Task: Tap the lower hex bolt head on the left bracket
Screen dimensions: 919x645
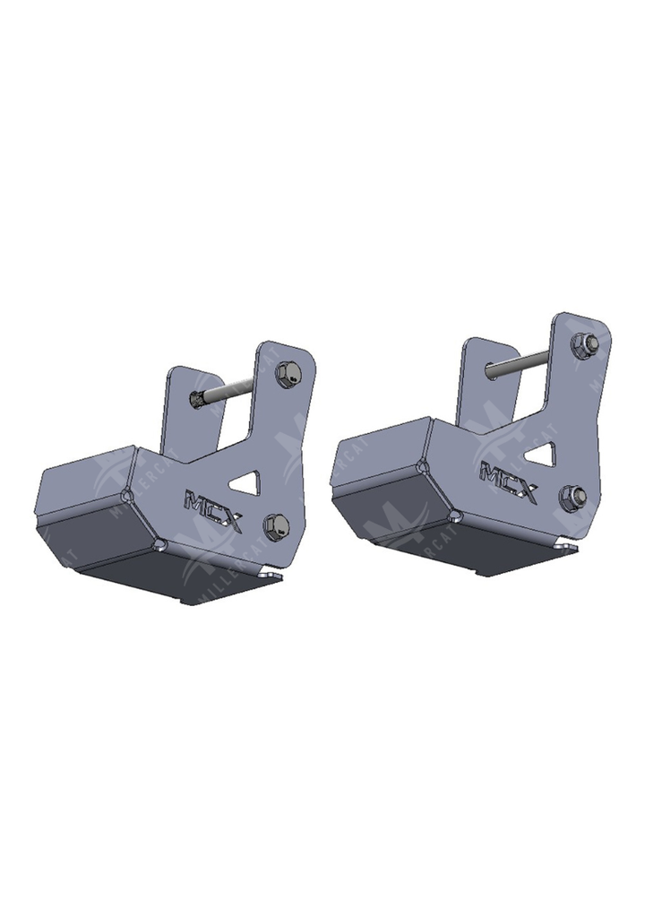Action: coord(276,525)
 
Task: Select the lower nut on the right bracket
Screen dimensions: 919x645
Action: coord(572,496)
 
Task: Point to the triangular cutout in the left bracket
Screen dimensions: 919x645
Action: coord(243,484)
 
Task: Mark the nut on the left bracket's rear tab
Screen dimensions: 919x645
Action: coord(197,399)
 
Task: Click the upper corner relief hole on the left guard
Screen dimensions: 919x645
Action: coord(128,495)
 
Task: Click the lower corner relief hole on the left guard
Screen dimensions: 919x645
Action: coord(160,543)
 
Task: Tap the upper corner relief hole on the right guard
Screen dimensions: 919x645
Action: coord(423,466)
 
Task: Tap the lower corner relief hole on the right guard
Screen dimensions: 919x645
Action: coord(455,515)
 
